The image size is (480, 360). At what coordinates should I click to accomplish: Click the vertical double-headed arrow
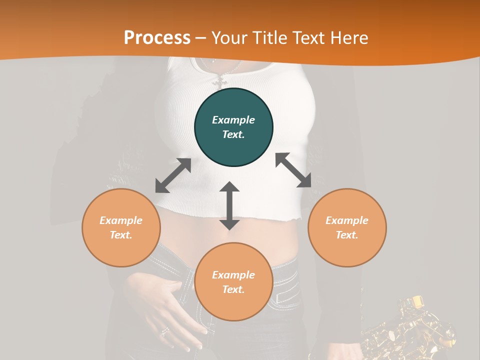229,205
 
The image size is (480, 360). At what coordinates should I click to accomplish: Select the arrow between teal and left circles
173,175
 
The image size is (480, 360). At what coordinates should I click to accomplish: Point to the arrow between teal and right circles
293,170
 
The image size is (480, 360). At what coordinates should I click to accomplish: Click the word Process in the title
157,37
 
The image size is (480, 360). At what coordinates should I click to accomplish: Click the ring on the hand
164,330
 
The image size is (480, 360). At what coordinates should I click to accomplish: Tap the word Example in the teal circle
233,120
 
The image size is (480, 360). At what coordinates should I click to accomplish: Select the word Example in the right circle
347,220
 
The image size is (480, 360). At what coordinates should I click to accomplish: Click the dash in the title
201,37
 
